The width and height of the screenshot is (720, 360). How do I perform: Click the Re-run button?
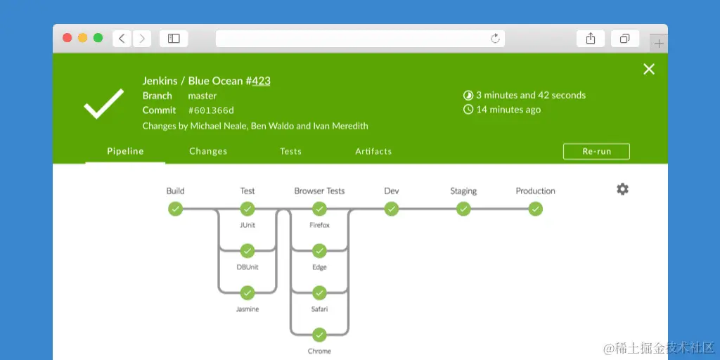pos(596,151)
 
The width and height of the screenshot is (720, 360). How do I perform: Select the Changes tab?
pos(208,151)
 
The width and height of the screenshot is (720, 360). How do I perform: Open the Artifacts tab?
pos(373,151)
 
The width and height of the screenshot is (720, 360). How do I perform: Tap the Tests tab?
pos(290,151)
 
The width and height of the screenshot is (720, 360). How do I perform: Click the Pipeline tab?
pos(125,151)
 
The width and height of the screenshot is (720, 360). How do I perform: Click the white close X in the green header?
pos(649,69)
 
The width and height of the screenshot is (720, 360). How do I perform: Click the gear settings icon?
pos(622,189)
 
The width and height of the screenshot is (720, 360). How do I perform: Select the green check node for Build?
pos(175,209)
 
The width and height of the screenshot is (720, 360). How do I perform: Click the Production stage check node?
pos(535,209)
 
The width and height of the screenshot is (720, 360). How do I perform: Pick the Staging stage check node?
pos(463,209)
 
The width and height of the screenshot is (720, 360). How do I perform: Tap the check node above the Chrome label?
pos(319,335)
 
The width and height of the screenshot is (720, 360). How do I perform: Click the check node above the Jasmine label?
pos(247,292)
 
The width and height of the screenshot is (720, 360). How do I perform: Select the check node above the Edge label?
pos(319,251)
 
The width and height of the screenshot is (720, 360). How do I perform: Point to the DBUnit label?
pos(247,267)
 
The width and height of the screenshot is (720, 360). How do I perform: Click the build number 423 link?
pos(261,81)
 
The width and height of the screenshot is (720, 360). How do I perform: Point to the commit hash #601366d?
pos(211,110)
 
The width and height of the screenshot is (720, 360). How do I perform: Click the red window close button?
pos(67,38)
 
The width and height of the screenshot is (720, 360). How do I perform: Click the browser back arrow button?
pos(122,39)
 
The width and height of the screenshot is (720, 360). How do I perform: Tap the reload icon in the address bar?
pos(495,39)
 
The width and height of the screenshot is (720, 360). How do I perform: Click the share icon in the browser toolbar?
pos(591,39)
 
